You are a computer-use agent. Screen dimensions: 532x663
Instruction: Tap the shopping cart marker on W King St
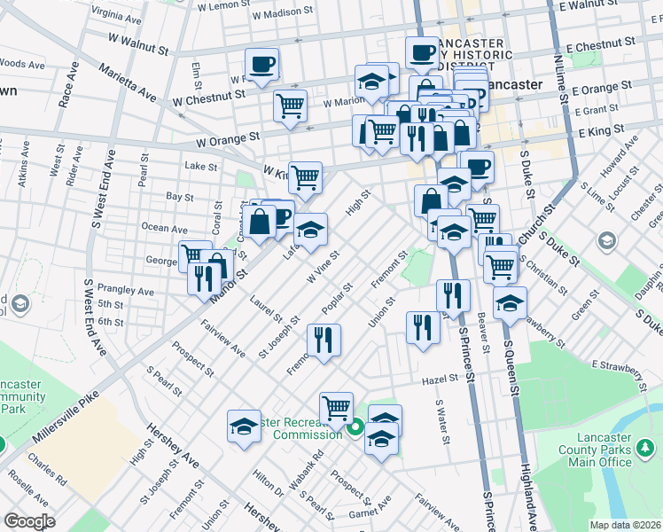point(305,176)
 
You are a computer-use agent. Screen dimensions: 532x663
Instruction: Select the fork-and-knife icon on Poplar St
point(324,340)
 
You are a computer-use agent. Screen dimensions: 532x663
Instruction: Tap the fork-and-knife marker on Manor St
point(204,278)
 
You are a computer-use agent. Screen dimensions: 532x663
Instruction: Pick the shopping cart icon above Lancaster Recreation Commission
point(336,409)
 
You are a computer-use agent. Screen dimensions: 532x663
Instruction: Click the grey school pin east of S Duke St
point(607,240)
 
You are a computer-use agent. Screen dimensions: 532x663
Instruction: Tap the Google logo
point(29,521)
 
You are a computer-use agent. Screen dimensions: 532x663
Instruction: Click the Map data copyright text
point(625,525)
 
